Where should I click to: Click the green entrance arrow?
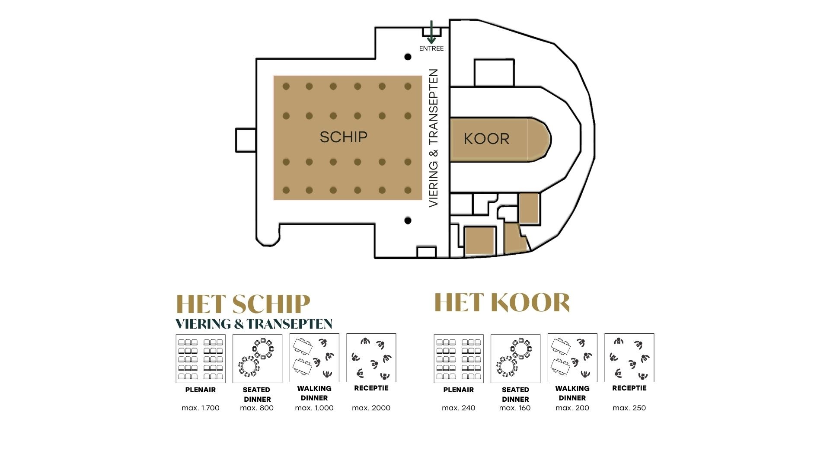point(431,32)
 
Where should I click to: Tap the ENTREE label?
point(431,48)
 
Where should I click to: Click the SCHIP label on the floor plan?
point(344,137)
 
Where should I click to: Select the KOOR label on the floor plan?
point(486,139)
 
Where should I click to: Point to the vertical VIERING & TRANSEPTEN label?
point(434,138)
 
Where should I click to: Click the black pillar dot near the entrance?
point(408,57)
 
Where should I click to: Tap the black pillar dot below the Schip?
point(408,221)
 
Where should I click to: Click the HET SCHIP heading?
point(243,304)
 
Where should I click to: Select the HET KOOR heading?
point(502,302)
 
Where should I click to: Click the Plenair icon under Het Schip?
point(201,358)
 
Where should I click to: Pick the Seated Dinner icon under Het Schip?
point(257,358)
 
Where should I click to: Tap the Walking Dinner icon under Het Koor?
point(572,358)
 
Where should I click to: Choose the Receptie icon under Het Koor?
point(629,358)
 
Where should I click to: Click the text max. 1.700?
point(201,408)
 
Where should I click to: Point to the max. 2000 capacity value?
point(371,408)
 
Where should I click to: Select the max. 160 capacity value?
point(515,408)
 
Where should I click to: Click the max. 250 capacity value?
point(629,408)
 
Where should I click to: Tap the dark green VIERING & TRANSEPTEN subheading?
point(254,324)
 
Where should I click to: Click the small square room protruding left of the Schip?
point(246,140)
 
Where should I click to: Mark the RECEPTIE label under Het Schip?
point(371,388)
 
